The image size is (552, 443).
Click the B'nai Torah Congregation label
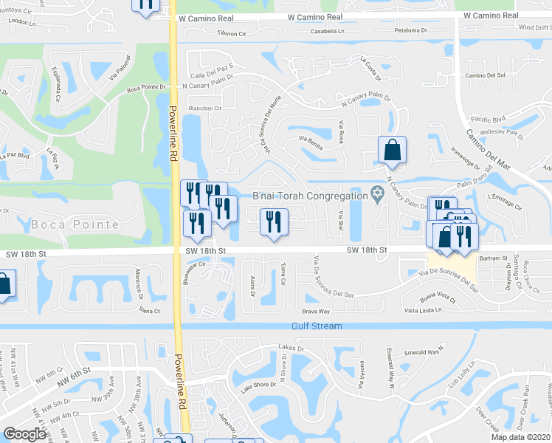coord(310,196)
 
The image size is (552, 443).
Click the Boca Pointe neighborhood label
coord(75,224)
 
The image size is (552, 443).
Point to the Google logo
coord(24,434)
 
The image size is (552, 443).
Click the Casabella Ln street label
coord(328,32)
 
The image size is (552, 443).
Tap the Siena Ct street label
coord(148,311)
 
